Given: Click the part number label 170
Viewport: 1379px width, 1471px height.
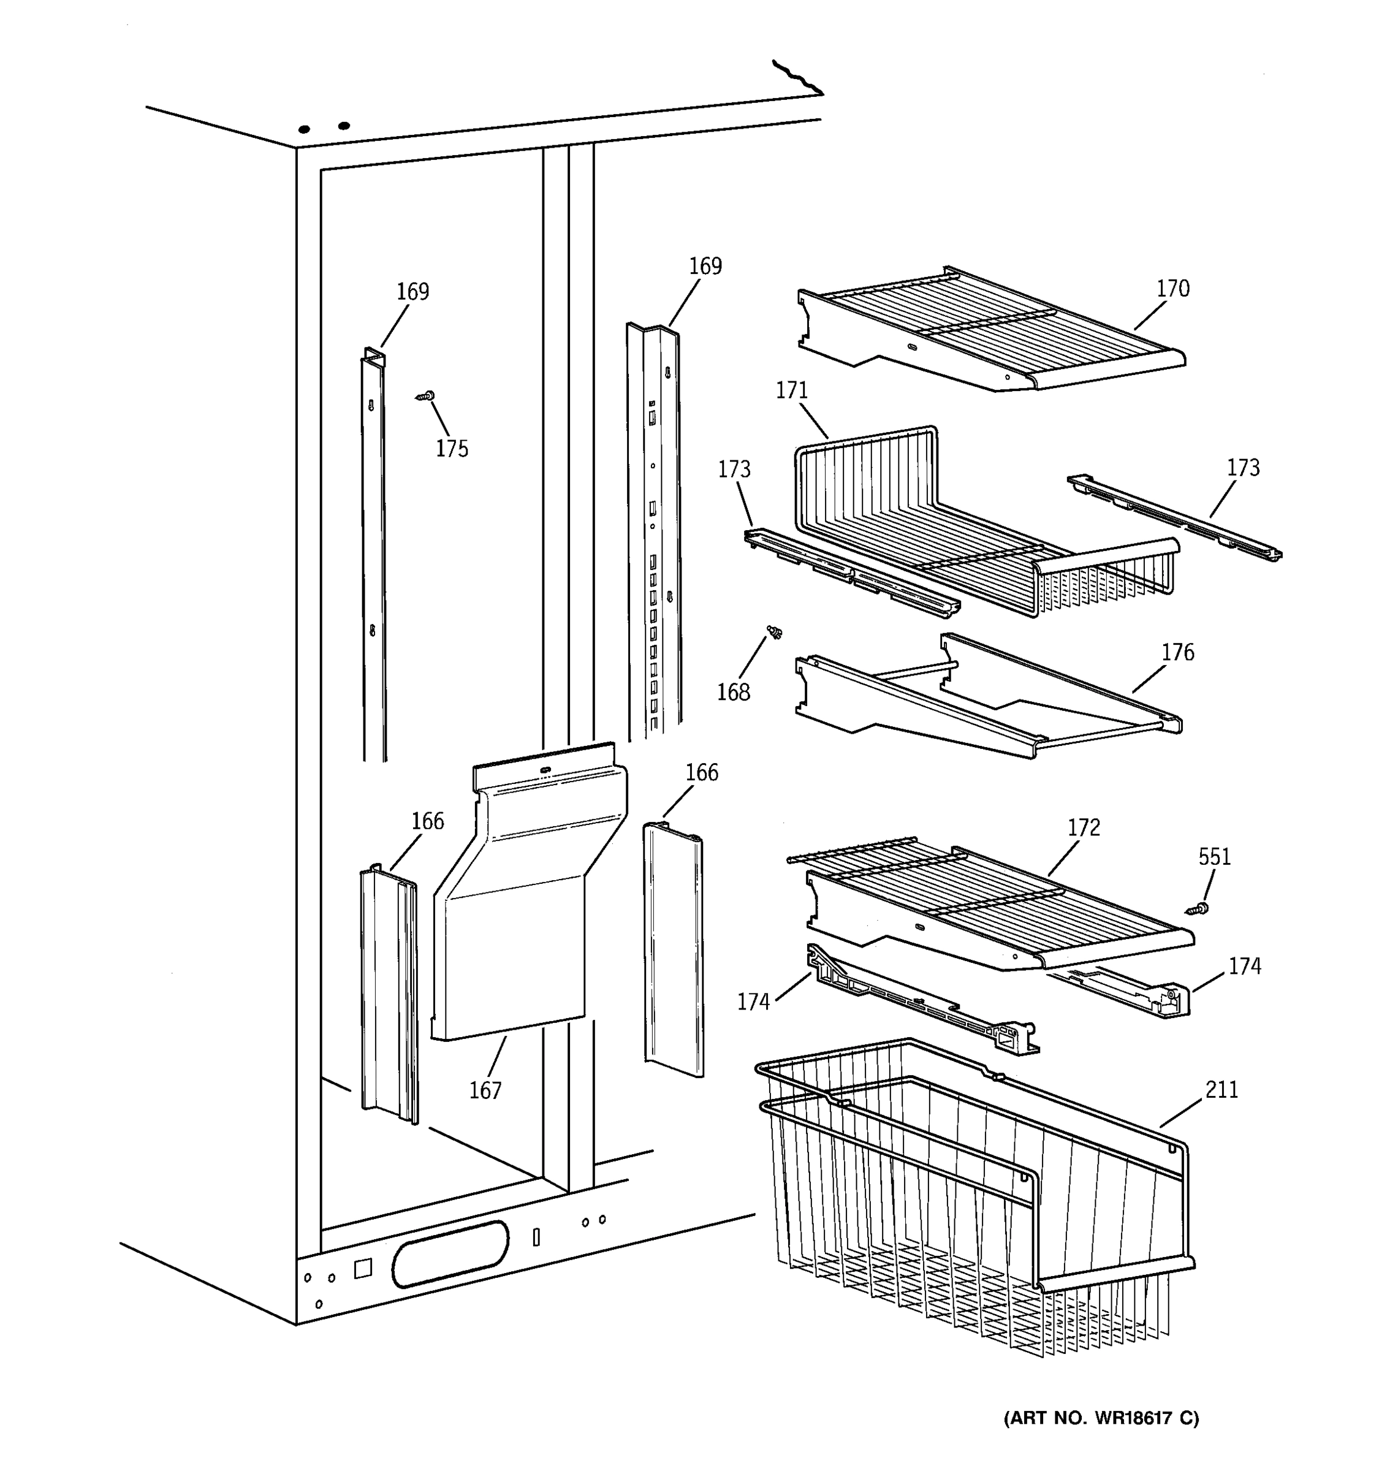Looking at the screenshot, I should coord(1172,289).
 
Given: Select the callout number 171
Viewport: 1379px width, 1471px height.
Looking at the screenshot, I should coord(792,390).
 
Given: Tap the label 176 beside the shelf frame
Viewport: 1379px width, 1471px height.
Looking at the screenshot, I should coord(1177,652).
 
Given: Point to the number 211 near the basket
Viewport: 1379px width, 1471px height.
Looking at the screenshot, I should coord(1221,1089).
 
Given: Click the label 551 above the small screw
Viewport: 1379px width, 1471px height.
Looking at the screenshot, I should coord(1214,857).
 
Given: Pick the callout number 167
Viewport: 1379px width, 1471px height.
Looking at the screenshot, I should coord(485,1090).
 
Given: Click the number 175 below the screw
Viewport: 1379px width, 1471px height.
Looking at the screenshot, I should coord(451,449).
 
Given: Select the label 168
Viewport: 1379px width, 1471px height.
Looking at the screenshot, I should coord(733,692).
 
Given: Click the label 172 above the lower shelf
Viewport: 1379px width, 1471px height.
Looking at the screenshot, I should coord(1083,827).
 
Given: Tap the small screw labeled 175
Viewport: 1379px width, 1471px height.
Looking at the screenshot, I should coord(425,397).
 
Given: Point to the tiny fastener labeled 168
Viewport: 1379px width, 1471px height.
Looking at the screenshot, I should coord(775,632).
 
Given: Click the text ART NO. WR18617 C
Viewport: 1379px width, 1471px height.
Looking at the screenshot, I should coord(1101,1418).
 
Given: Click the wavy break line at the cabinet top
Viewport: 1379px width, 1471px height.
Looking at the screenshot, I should coord(797,78).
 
